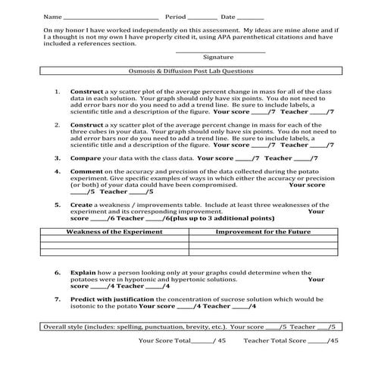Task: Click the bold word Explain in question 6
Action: [83, 272]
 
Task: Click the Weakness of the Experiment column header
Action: [114, 231]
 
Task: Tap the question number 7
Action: [58, 298]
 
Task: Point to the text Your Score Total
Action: [164, 341]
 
